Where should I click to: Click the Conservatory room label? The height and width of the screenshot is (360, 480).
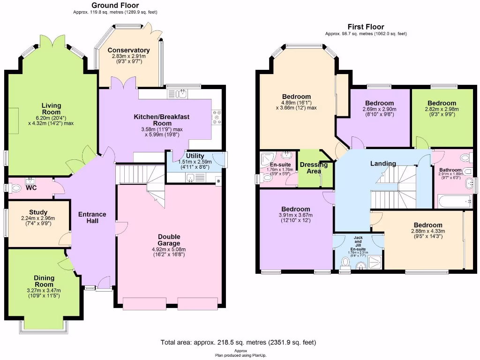point(128,50)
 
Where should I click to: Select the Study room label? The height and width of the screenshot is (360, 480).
point(38,212)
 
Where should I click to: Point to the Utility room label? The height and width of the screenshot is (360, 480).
point(195,156)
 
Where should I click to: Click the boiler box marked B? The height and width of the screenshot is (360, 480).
point(218,181)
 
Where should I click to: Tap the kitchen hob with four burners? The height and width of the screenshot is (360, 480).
point(217,117)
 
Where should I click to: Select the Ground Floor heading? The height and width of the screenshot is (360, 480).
point(115,6)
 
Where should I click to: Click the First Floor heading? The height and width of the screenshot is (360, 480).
point(366,27)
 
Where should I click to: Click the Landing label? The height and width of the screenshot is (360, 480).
point(383,164)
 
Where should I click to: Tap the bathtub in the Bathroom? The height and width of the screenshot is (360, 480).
point(454,202)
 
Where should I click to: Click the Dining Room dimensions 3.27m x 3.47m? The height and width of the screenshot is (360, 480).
point(43,291)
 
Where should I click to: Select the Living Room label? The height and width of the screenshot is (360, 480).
point(51,109)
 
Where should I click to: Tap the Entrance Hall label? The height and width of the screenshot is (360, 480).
point(92,217)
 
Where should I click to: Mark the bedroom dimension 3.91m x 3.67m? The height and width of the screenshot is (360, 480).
point(296,216)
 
